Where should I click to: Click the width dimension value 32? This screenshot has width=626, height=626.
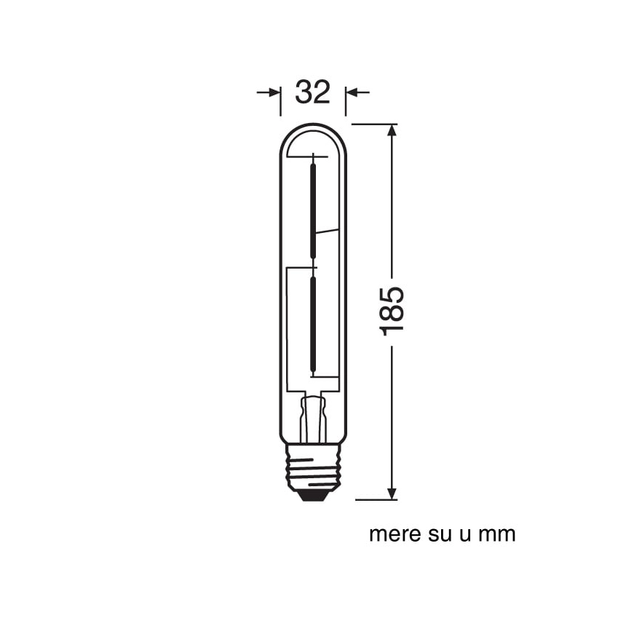click(312, 92)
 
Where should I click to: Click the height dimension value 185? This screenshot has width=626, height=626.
click(392, 311)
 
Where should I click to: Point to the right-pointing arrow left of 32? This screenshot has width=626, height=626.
click(269, 92)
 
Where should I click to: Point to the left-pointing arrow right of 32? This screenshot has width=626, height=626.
click(357, 92)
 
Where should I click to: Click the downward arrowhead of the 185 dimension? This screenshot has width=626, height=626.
click(392, 494)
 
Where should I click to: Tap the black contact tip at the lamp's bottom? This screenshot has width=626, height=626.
click(313, 496)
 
